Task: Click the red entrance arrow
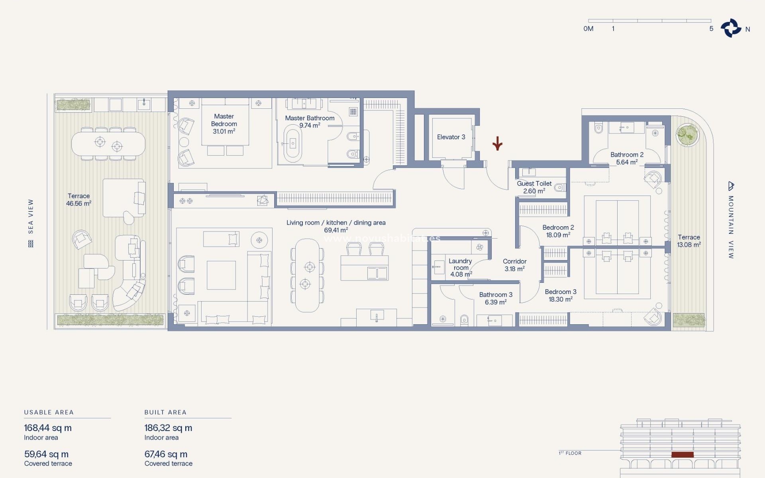point(497,143)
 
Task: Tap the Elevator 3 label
point(451,137)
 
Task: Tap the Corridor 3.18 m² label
point(514,265)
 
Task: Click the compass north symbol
point(731,28)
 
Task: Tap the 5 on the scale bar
point(711,29)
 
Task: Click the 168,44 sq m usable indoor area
point(48,428)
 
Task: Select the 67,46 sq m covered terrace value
point(166,454)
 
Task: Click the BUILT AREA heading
point(165,412)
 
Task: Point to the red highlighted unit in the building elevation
point(683,454)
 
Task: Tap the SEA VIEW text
point(31,216)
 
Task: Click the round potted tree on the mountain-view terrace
point(688,135)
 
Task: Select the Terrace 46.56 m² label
point(79,200)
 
